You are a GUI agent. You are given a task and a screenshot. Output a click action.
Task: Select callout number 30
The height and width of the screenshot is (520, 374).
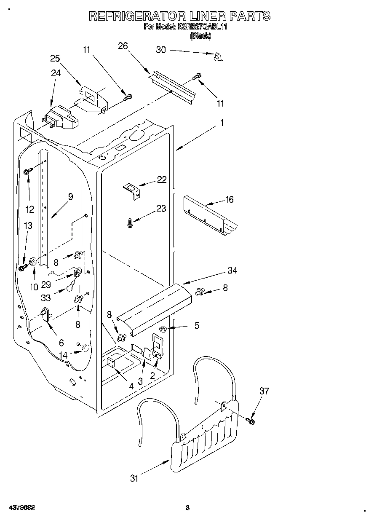tap(161, 50)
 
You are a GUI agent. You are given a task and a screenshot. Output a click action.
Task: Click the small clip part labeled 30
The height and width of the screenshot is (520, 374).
tap(218, 57)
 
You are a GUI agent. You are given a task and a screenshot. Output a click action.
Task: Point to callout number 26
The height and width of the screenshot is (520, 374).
tap(123, 46)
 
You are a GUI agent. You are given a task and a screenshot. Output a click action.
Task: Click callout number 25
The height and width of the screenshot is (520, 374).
tap(55, 59)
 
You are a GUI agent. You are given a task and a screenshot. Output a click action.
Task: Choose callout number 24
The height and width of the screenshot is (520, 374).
tap(56, 73)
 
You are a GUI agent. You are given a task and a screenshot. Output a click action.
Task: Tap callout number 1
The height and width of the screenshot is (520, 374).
tap(222, 123)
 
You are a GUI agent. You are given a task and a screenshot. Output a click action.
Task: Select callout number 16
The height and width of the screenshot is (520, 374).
tap(230, 199)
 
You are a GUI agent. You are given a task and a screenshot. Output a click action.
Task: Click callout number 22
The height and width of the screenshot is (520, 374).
tap(161, 180)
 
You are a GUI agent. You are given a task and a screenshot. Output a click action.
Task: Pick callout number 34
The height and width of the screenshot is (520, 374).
tap(232, 271)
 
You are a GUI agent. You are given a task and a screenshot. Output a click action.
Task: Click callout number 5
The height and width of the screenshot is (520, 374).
tap(197, 326)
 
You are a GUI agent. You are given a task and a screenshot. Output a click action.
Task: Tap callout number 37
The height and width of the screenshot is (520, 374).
tap(264, 391)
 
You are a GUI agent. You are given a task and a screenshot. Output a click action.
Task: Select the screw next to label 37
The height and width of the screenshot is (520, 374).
tap(251, 420)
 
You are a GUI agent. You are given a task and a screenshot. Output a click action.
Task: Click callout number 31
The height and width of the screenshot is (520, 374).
tap(134, 478)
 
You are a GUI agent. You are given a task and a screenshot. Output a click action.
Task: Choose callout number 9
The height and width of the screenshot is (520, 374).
tap(70, 196)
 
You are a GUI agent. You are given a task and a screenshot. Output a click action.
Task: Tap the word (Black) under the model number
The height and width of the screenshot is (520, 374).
tap(200, 36)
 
